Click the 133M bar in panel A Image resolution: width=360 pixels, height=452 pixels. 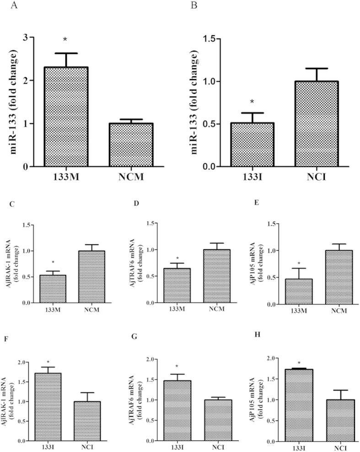click(x=66, y=117)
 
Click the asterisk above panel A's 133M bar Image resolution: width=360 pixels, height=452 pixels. click(x=65, y=40)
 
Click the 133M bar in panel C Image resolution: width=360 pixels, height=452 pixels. click(x=53, y=289)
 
